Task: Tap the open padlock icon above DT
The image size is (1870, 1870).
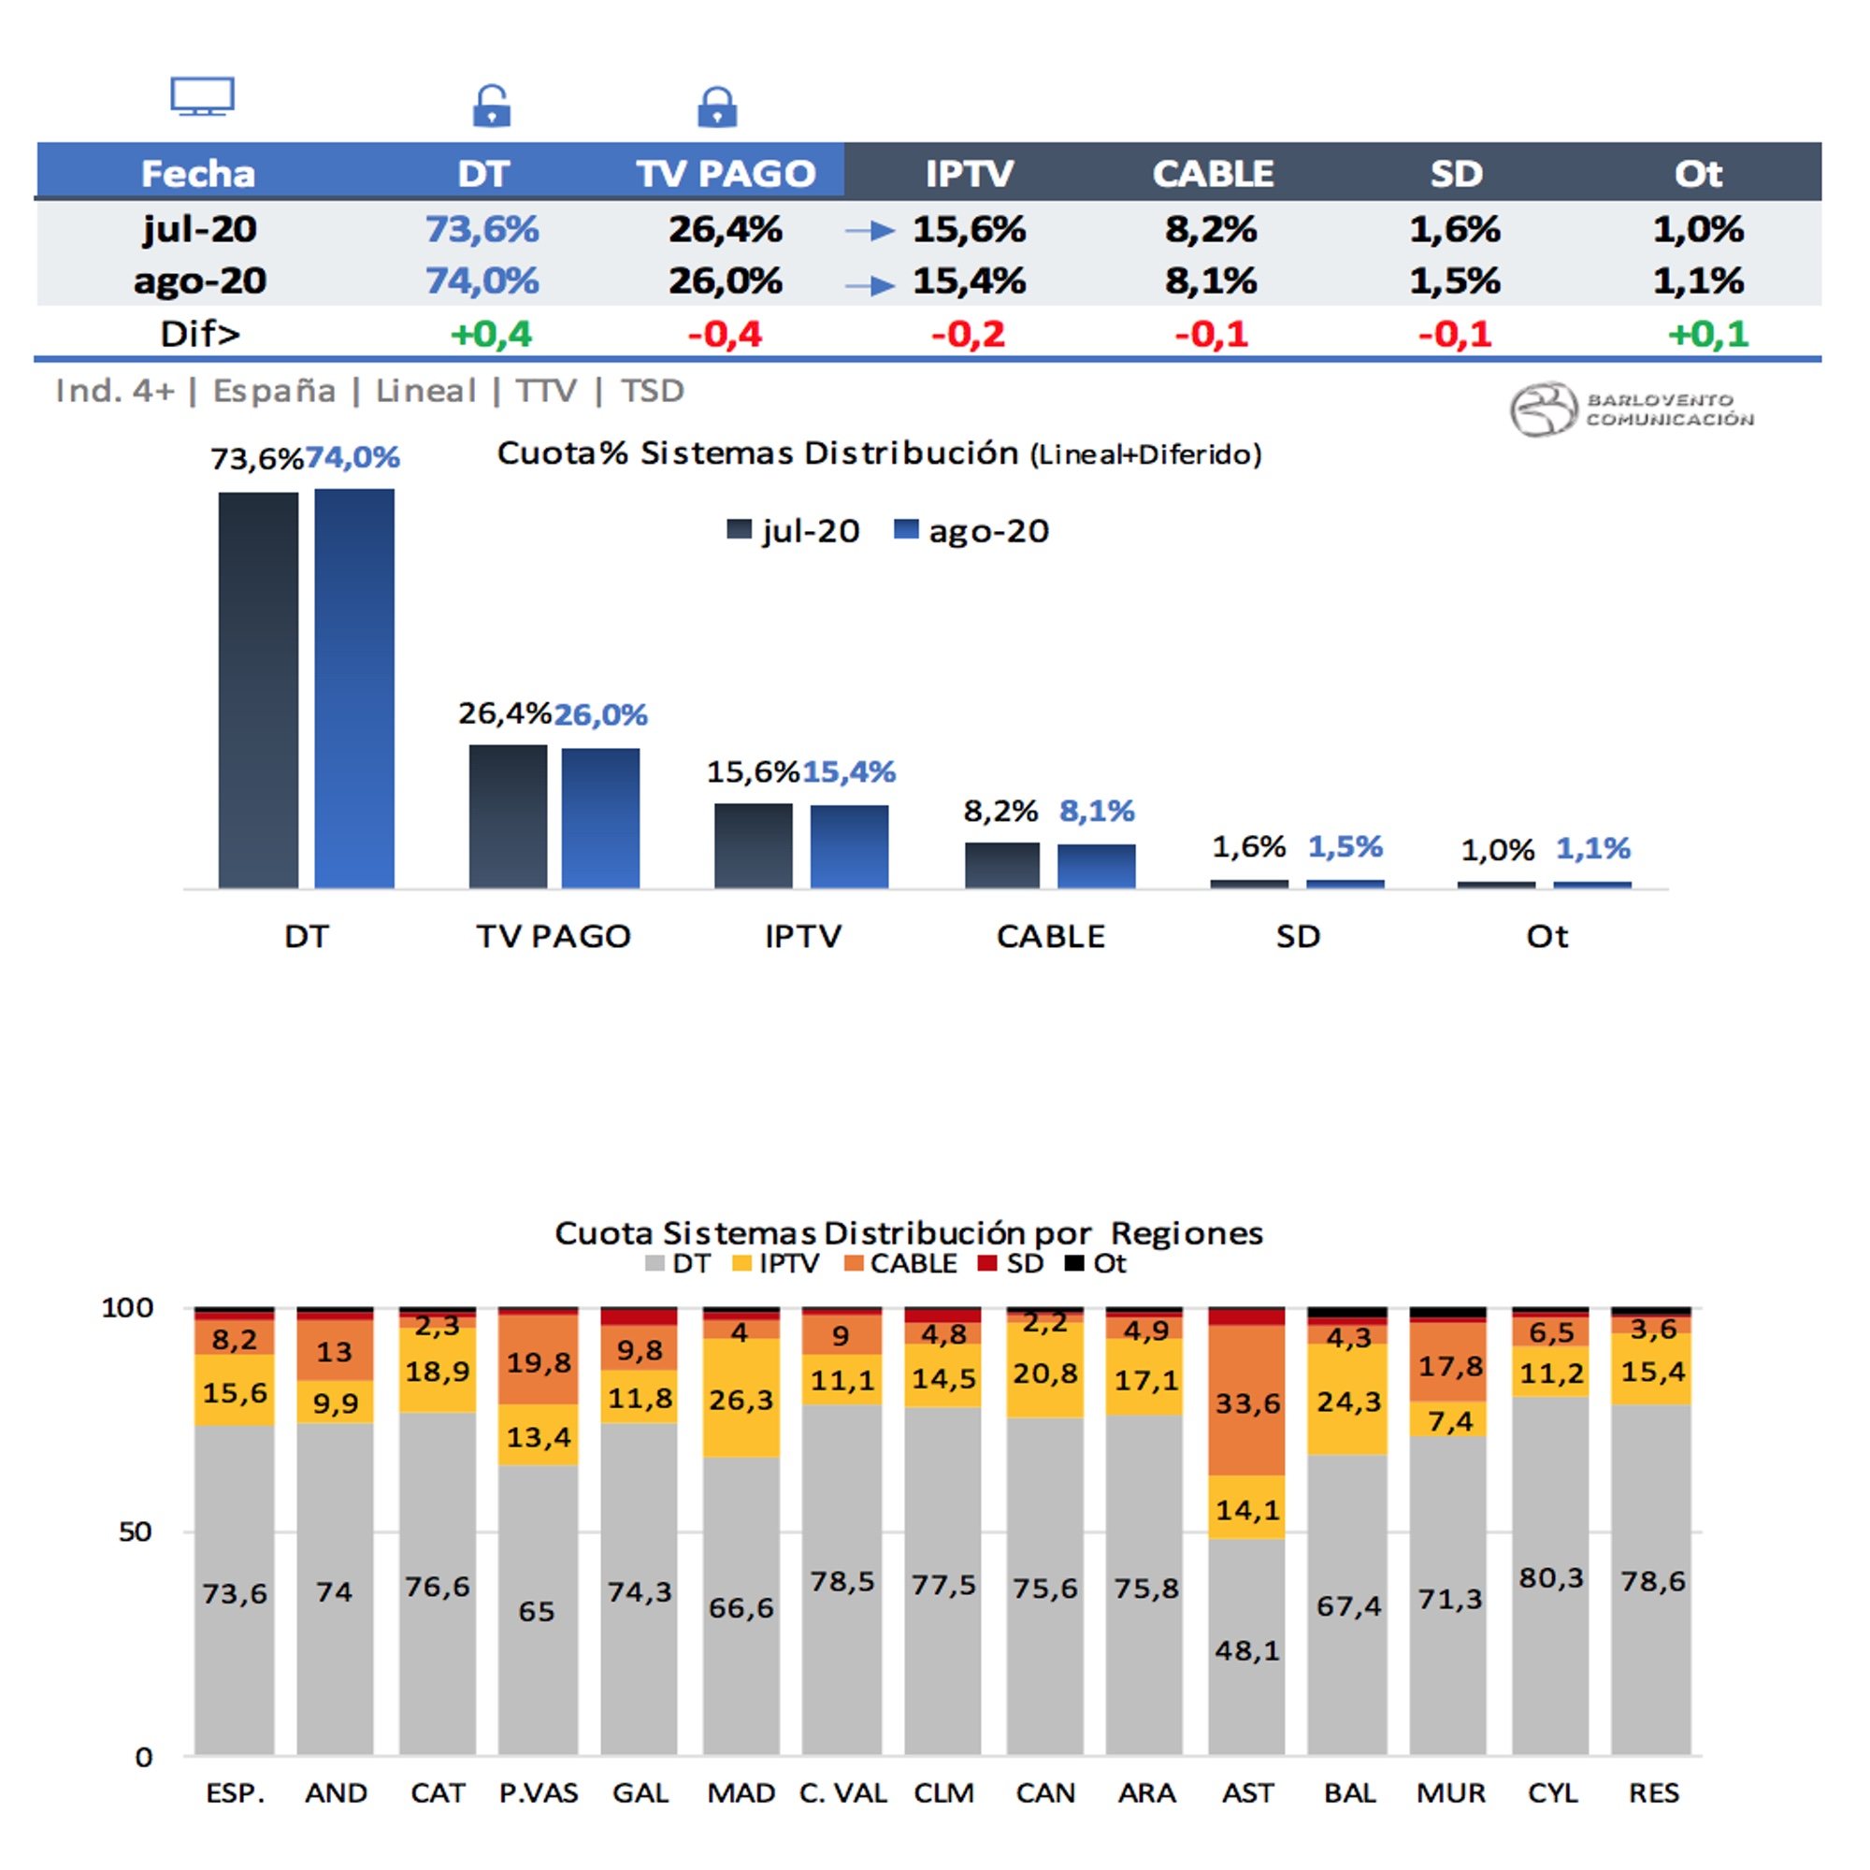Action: pyautogui.click(x=491, y=106)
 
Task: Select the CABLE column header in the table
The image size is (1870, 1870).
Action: pyautogui.click(x=1212, y=173)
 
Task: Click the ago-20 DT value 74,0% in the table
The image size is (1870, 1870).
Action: pyautogui.click(x=482, y=280)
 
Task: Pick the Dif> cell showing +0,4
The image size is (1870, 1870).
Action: pyautogui.click(x=491, y=334)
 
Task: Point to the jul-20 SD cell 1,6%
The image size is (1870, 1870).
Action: pyautogui.click(x=1454, y=229)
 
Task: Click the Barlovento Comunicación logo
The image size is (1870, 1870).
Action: pyautogui.click(x=1632, y=409)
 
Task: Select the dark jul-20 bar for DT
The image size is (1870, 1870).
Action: pyautogui.click(x=258, y=689)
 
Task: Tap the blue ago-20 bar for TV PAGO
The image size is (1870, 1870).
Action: pyautogui.click(x=600, y=818)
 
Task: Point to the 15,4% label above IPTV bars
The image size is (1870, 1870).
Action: pyautogui.click(x=849, y=771)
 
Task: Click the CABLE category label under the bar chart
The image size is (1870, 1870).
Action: pyautogui.click(x=1050, y=936)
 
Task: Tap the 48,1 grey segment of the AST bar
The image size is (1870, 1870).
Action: pyautogui.click(x=1246, y=1650)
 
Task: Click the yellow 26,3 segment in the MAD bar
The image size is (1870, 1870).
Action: pyautogui.click(x=741, y=1399)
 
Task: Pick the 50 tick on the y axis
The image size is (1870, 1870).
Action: pyautogui.click(x=136, y=1532)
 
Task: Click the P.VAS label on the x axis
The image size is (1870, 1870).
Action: pyautogui.click(x=539, y=1792)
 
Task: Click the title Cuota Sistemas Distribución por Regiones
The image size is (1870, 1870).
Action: pyautogui.click(x=908, y=1233)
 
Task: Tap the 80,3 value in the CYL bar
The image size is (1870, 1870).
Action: pyautogui.click(x=1550, y=1577)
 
